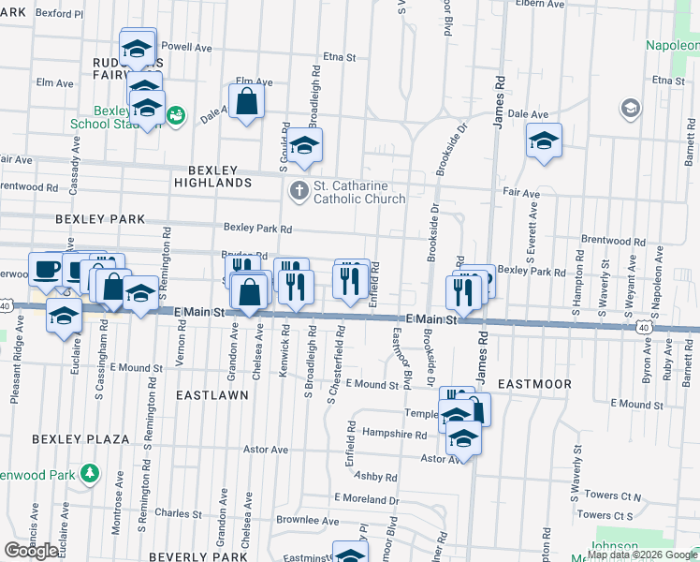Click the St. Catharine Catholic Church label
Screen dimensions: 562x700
coord(359,191)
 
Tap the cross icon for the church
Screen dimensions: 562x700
coord(299,191)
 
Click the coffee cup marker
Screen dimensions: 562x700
coord(45,269)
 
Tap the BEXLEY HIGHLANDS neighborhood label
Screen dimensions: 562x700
coord(211,176)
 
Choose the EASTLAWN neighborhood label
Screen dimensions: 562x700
coord(212,395)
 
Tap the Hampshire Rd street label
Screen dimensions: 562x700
coord(394,435)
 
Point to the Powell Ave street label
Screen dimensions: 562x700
coord(187,47)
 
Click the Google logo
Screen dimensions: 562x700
coord(31,550)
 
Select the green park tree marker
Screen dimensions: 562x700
coord(89,472)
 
